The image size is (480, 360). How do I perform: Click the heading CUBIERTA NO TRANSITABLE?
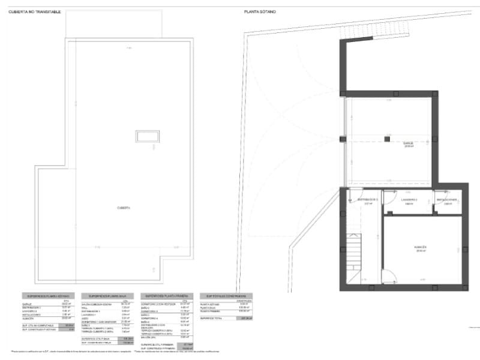(x=34, y=11)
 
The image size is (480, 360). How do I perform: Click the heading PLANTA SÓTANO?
(x=260, y=11)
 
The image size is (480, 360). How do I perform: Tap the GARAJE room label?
(x=408, y=143)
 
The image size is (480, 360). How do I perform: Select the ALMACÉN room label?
(x=420, y=247)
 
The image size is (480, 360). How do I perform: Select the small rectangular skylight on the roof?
(x=147, y=136)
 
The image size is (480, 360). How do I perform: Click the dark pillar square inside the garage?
(x=387, y=139)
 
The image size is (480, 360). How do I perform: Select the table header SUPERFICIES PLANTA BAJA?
(x=107, y=296)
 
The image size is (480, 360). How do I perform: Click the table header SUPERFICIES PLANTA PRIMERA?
(x=166, y=296)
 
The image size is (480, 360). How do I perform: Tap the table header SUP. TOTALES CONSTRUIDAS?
(x=226, y=296)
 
